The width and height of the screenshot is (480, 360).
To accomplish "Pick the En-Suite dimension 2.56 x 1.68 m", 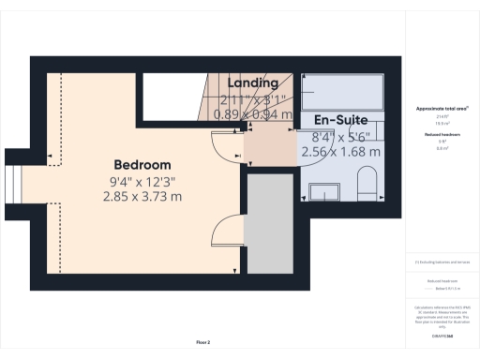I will pos(346,151).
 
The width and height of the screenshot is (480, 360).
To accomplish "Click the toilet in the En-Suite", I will pos(367,185).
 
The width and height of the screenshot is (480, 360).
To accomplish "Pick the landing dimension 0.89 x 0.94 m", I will pos(253,114).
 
